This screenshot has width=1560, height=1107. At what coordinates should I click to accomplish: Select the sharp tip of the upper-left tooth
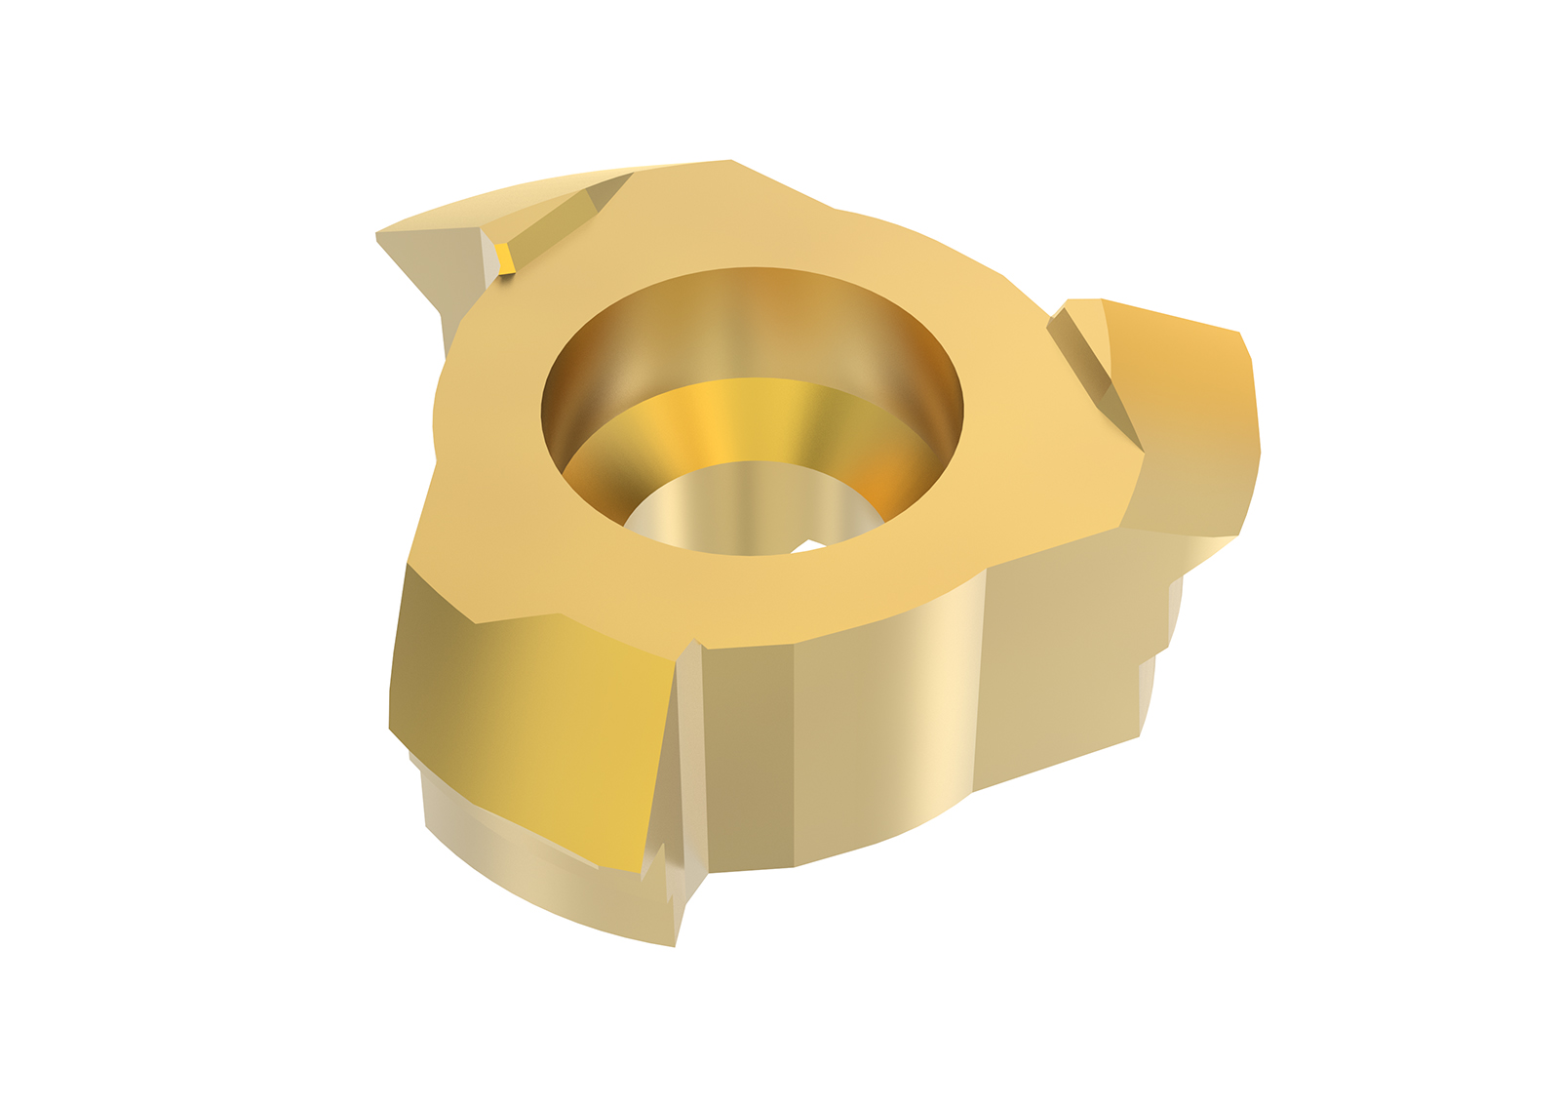[x=379, y=234]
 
